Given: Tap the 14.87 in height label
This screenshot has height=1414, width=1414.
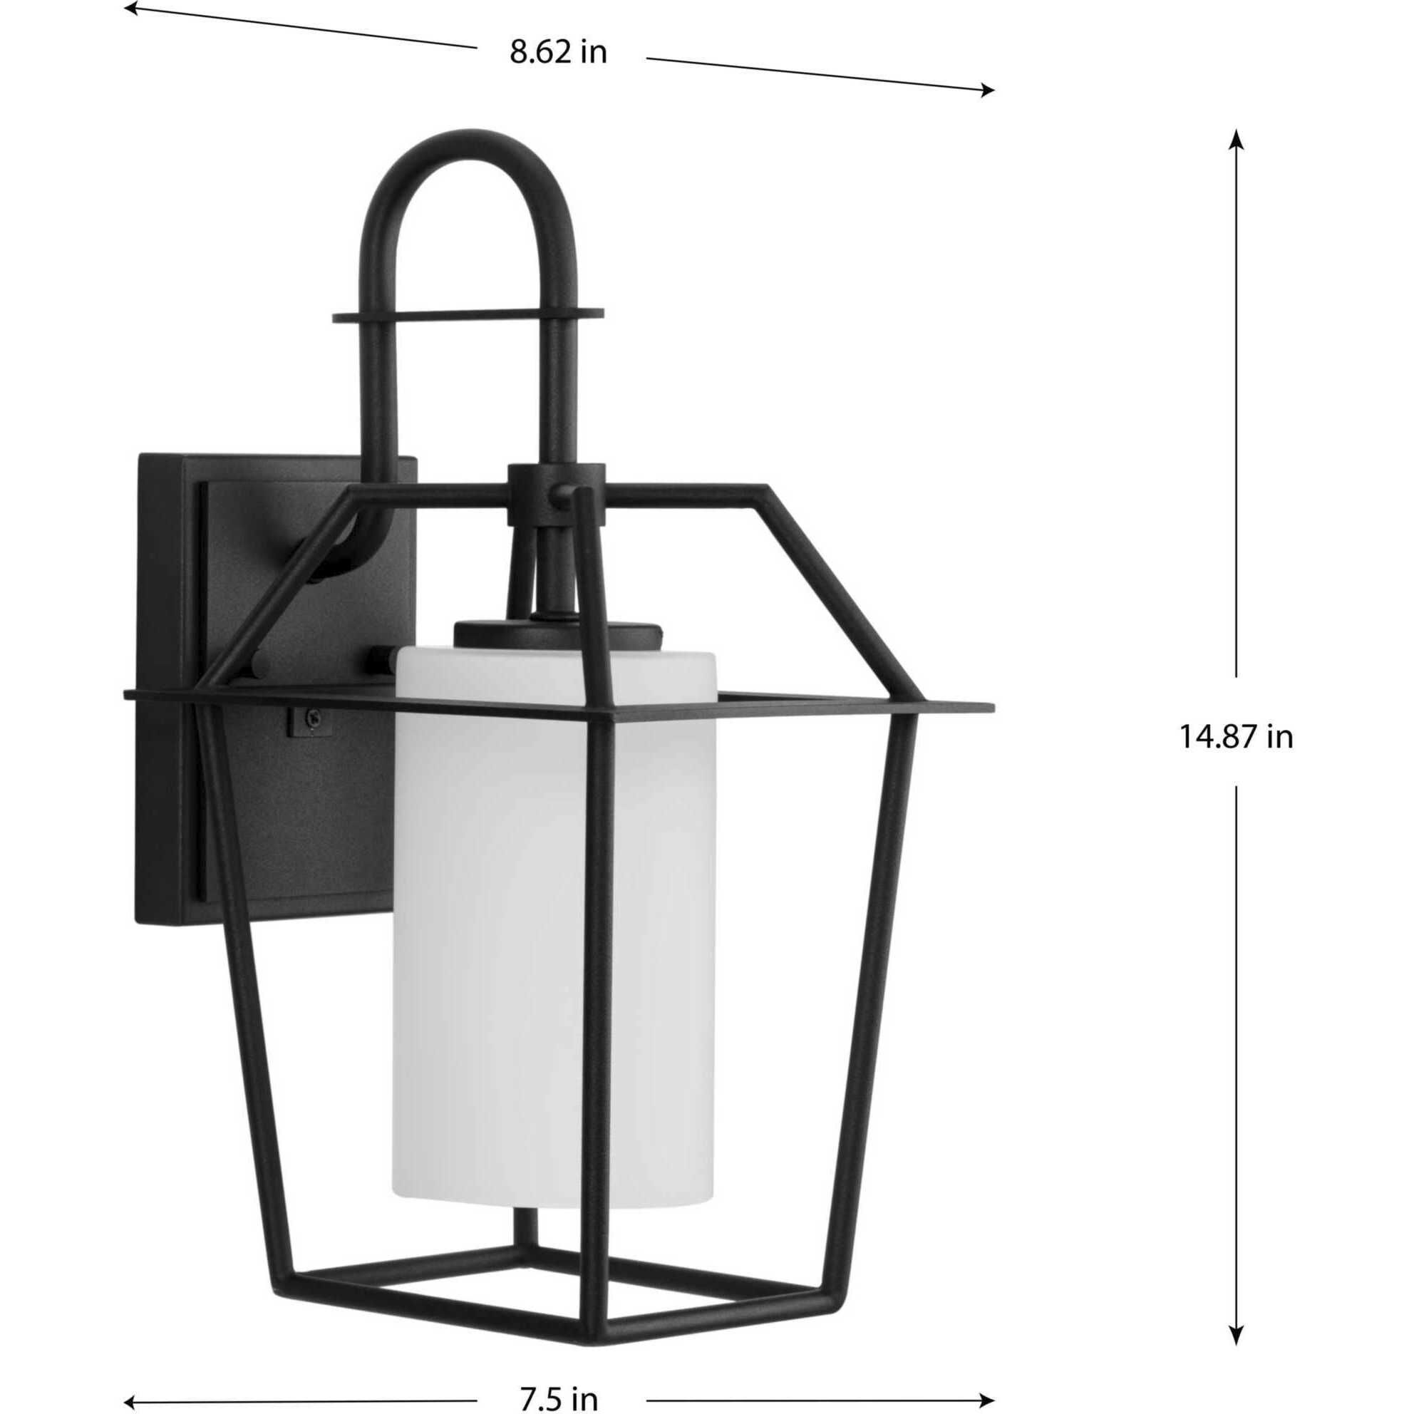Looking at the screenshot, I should tap(1236, 738).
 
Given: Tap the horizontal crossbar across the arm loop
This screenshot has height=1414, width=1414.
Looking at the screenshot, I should tap(468, 315).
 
